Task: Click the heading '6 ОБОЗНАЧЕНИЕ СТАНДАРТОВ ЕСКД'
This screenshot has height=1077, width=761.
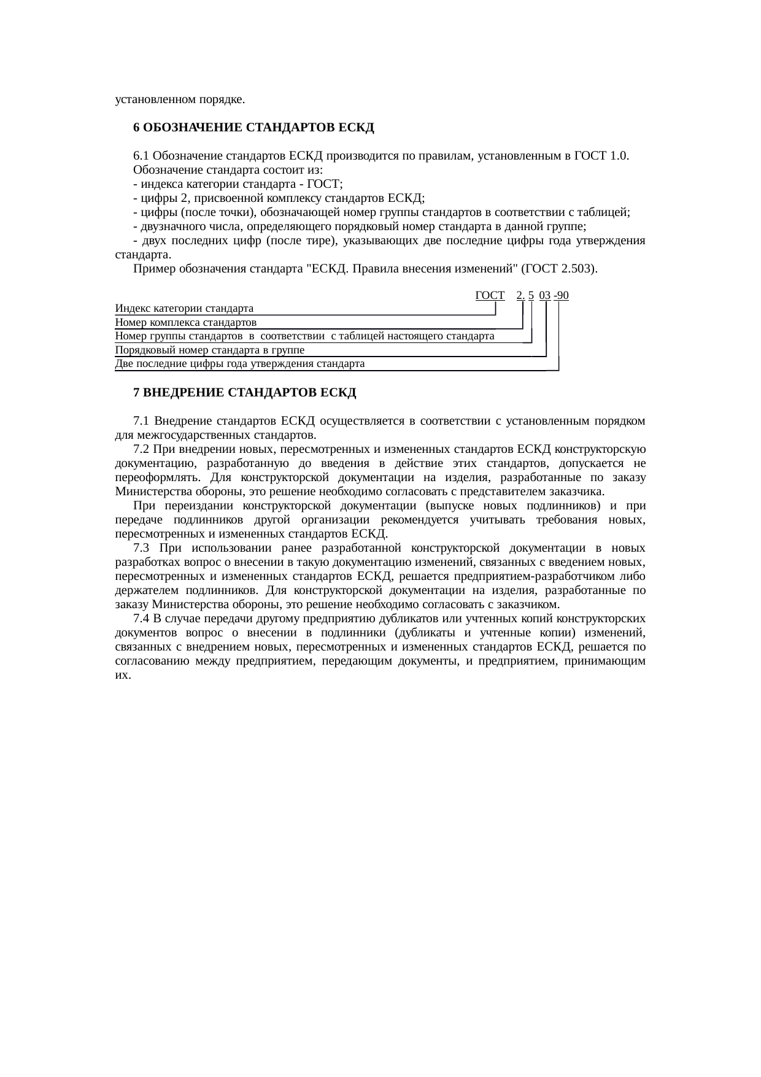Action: point(253,128)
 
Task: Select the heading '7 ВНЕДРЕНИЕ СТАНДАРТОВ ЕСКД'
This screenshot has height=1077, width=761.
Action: point(245,392)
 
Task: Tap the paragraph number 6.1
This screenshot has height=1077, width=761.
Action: point(141,156)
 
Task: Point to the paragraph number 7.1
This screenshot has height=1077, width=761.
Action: point(141,421)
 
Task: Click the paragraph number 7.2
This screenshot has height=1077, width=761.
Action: point(141,449)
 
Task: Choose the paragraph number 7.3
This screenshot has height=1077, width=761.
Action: point(141,547)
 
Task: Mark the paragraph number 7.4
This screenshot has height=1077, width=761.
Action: point(141,618)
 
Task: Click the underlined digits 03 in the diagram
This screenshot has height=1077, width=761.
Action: point(545,295)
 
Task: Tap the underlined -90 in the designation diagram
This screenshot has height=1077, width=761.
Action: point(561,295)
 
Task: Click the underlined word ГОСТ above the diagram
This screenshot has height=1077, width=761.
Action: point(490,295)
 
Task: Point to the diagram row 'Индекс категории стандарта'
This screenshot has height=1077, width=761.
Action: point(184,308)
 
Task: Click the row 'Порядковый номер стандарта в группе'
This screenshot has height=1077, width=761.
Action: point(209,350)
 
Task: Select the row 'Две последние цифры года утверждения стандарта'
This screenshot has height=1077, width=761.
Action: point(239,364)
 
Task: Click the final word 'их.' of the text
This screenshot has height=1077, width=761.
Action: point(123,674)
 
